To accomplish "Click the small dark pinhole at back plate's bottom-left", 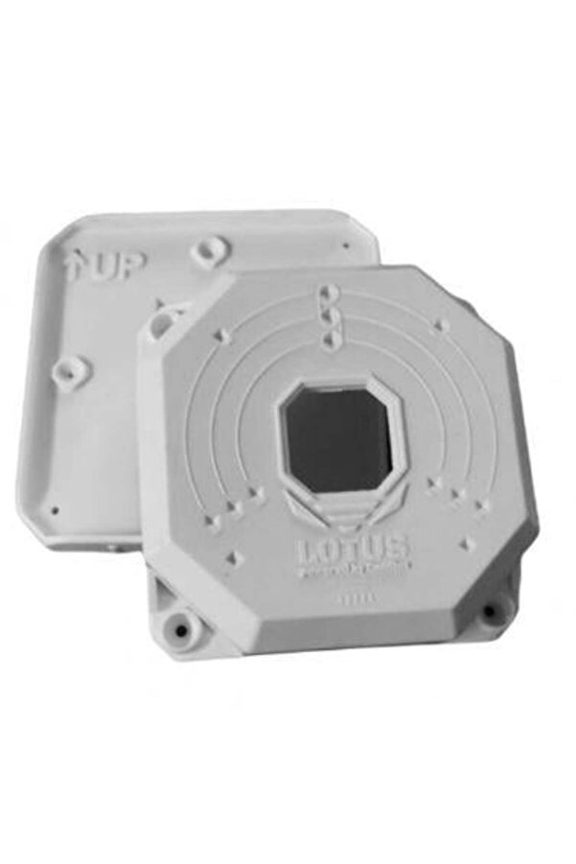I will pos(55,510).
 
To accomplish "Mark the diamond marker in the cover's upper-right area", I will pos(442,327).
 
